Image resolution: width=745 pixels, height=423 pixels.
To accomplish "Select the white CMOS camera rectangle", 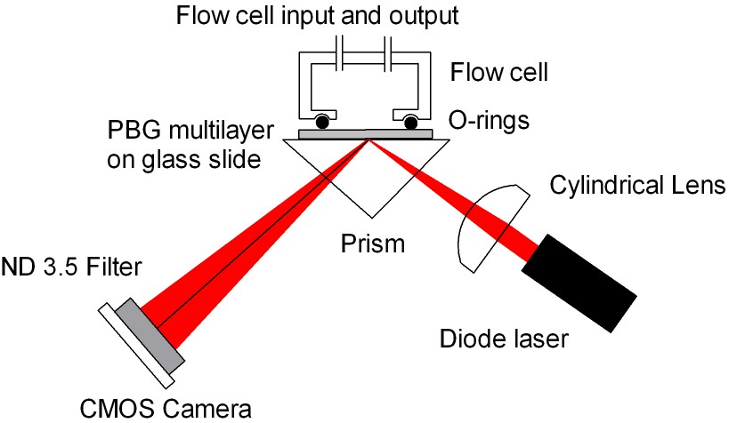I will click(134, 346).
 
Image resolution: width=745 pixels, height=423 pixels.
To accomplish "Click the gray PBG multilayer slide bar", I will click(366, 134).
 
